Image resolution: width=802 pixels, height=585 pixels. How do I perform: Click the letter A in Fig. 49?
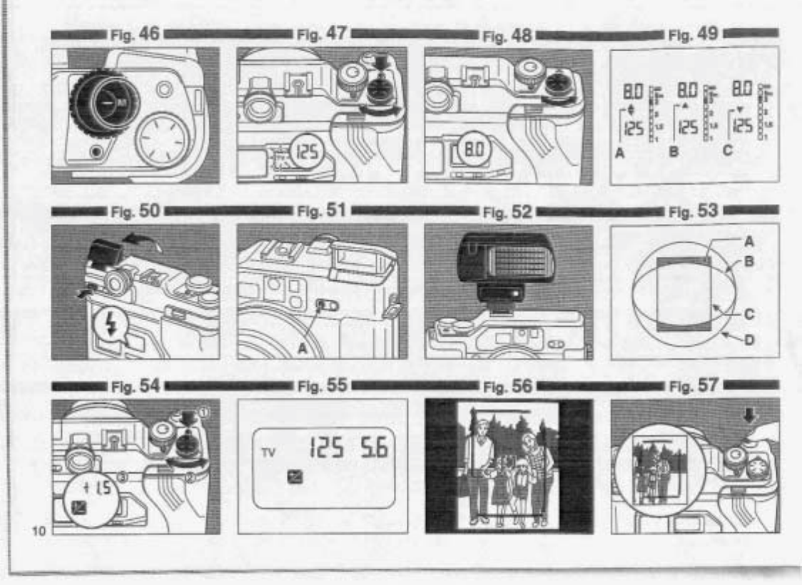[x=619, y=151]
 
